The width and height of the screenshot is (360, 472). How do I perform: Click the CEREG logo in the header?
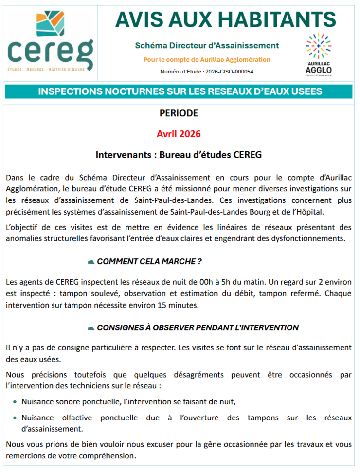coord(50,40)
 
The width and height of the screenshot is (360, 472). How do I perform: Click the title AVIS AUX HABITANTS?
coord(226,19)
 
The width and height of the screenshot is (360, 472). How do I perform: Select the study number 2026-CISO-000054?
coord(229,72)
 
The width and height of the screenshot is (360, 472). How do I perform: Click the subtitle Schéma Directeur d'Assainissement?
coord(207,46)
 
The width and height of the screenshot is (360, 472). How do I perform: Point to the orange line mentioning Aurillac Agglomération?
coord(207,60)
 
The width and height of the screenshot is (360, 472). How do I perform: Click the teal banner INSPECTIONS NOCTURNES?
coord(180,91)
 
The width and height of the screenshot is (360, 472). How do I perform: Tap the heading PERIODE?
coord(179,113)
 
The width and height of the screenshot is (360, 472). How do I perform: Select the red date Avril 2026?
coord(179,134)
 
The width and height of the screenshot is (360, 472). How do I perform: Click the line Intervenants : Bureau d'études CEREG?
coord(179,155)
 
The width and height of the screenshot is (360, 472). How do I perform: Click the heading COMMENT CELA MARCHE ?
coord(149,261)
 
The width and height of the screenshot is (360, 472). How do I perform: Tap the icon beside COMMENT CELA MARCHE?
coord(90,262)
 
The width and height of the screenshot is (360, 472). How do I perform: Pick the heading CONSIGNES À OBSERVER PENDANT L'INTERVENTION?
coord(198,327)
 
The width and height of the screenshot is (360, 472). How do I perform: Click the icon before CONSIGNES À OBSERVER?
coord(90,328)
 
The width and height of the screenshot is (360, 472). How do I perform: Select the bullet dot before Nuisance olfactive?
coord(16,418)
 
